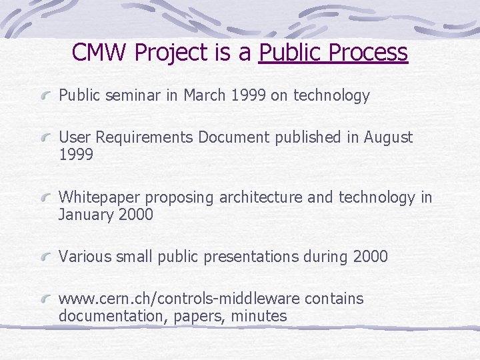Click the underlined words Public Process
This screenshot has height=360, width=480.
click(x=333, y=53)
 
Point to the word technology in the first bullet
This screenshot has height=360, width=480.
click(x=330, y=96)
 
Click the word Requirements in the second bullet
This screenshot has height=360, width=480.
click(x=143, y=138)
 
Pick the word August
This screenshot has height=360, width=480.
click(x=387, y=138)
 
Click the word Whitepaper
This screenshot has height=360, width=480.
click(x=99, y=198)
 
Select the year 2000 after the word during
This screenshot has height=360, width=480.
click(x=371, y=257)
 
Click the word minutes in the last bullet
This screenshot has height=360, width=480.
click(x=259, y=316)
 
